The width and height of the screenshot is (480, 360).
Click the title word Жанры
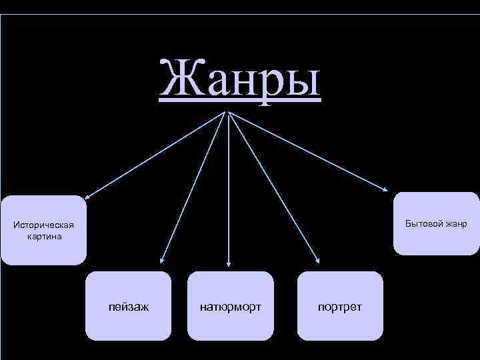click(240, 79)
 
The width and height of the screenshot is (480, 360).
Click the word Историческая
click(44, 225)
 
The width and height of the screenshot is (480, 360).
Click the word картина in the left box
click(45, 236)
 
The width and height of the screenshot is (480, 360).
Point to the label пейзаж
click(129, 307)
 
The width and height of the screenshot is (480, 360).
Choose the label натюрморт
click(231, 307)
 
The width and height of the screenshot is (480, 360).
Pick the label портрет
click(341, 307)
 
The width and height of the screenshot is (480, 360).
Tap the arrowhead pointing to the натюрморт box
click(229, 265)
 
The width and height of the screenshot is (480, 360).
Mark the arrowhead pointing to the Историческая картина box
click(87, 197)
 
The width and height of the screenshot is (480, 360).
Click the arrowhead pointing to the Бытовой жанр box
click(387, 192)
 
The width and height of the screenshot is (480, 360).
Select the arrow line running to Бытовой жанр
click(307, 151)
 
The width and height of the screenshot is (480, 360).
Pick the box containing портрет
click(341, 305)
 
